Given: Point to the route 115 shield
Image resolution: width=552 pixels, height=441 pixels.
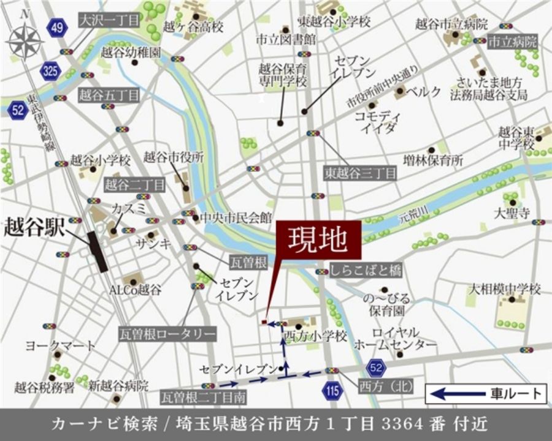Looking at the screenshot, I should tap(332, 392).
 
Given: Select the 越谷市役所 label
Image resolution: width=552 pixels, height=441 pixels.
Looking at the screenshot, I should tap(174, 157).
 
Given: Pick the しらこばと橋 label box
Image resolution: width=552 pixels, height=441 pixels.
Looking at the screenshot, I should tap(366, 270).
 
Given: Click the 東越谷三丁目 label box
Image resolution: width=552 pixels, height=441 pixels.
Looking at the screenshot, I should tap(361, 173).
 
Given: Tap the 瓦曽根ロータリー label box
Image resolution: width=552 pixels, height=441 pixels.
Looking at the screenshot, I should tap(167, 334).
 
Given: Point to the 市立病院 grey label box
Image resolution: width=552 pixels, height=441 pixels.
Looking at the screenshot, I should tap(512, 42).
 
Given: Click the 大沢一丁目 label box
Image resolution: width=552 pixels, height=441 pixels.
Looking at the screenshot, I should tap(109, 19).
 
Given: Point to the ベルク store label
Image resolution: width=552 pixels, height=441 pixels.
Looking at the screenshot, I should tap(426, 92).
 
